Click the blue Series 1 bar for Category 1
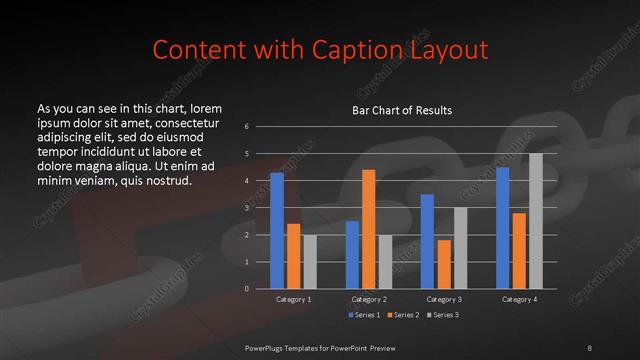click(277, 231)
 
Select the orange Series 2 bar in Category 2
click(368, 229)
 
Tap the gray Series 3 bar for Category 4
click(535, 221)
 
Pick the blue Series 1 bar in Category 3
click(427, 241)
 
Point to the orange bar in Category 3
click(443, 264)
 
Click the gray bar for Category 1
click(310, 262)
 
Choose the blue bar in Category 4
click(502, 228)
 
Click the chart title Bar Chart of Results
click(402, 110)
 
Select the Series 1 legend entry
click(364, 315)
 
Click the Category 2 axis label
click(368, 299)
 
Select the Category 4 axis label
click(519, 299)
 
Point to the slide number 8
click(590, 347)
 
